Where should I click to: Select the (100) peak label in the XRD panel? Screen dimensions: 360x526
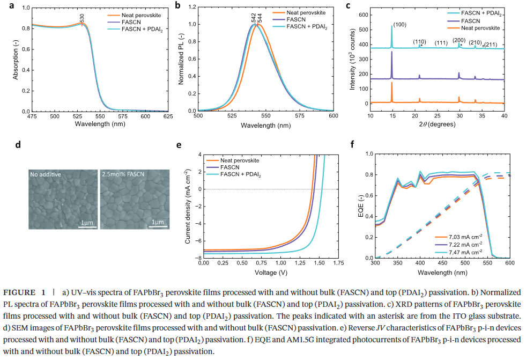401,25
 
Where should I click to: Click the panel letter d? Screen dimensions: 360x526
18,144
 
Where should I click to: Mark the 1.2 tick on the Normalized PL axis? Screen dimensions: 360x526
191,8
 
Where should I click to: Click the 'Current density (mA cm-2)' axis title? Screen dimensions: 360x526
188,206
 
